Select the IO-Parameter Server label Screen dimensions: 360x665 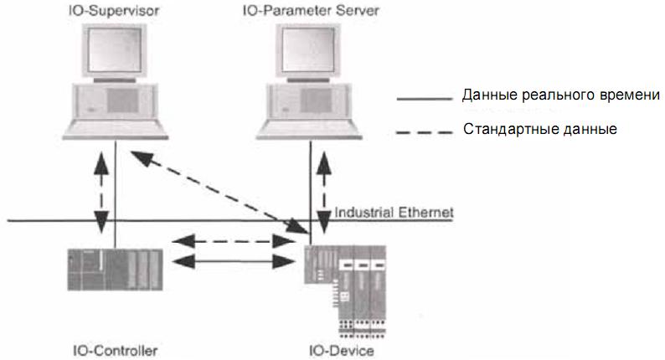coord(309,11)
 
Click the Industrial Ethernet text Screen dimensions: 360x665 coord(394,213)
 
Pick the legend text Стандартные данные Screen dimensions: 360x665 coord(539,130)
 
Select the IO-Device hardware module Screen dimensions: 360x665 coord(346,280)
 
